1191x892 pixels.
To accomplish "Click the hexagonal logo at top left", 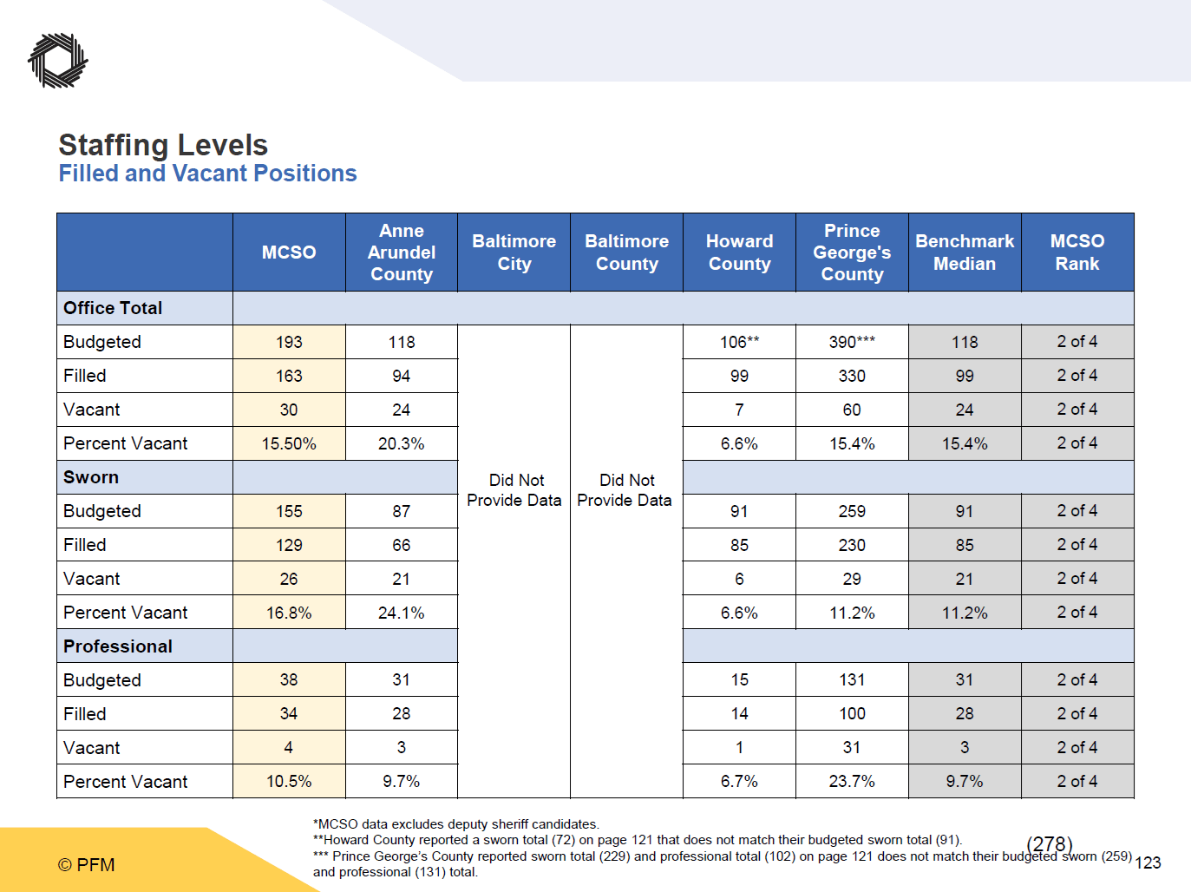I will tap(58, 61).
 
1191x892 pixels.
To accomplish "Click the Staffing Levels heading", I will tap(163, 145).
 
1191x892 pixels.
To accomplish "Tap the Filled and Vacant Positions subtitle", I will tap(207, 174).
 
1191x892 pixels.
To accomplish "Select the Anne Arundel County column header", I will tap(402, 253).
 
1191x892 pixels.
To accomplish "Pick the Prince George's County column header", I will tap(852, 253).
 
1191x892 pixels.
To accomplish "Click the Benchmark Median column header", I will tap(965, 253).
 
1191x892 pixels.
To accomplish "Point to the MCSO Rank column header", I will tap(1077, 253).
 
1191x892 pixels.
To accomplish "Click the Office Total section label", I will tap(113, 308).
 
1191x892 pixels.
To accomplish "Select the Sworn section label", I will tap(91, 477).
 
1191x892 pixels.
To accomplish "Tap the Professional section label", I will tap(118, 646).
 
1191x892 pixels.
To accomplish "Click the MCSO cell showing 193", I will tap(289, 342).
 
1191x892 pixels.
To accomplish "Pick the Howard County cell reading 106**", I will tap(739, 342).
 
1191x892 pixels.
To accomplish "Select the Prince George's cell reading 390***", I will tap(852, 342).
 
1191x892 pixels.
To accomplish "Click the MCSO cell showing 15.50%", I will tap(289, 443).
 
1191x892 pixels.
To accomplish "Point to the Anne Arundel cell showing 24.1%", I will tap(402, 613).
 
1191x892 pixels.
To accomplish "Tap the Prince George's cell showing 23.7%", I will tap(852, 781).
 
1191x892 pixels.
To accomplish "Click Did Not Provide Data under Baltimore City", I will tap(514, 490).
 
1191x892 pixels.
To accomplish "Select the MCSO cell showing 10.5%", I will tap(289, 781).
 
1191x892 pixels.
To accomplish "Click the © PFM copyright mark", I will tap(87, 864).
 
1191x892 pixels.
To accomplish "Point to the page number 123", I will tap(1148, 862).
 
